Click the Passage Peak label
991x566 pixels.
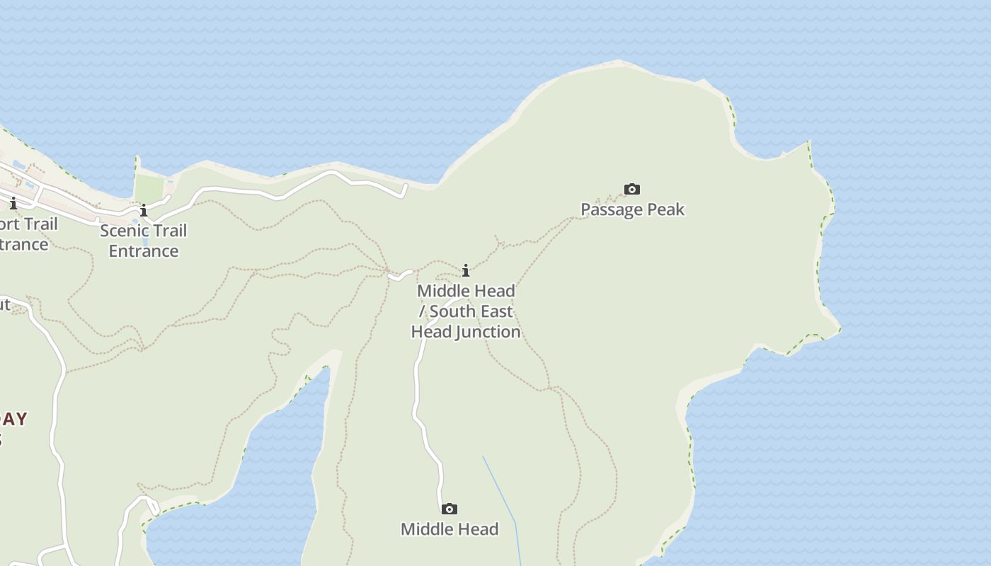[632, 209]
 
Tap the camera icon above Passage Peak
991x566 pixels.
[632, 189]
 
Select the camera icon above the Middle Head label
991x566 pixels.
[449, 509]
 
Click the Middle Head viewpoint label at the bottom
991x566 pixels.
[449, 529]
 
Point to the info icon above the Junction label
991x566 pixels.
[466, 270]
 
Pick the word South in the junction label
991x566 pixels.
[453, 311]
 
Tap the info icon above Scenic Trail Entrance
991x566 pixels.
[144, 211]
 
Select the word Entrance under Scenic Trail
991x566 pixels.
[143, 251]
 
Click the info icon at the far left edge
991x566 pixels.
[13, 204]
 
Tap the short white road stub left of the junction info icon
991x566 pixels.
[400, 275]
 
